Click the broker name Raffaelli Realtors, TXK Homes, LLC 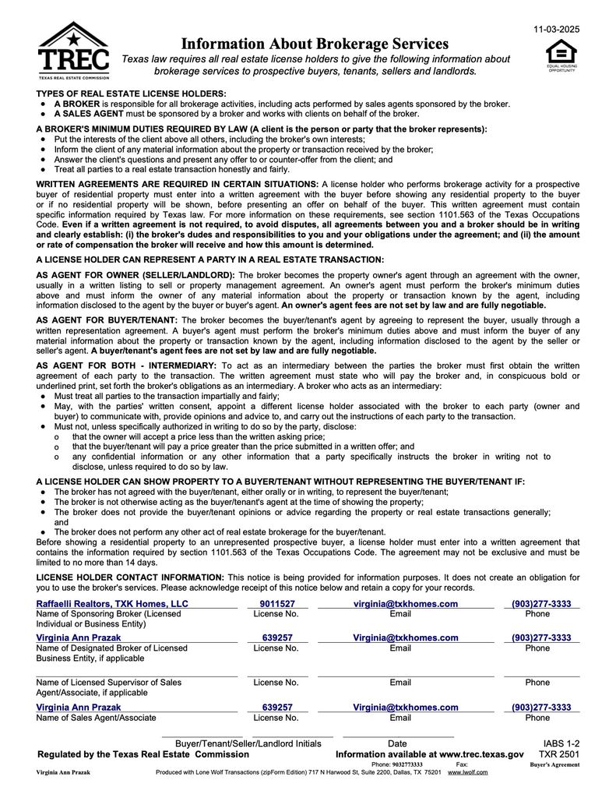(x=112, y=604)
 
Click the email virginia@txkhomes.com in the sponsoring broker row (x=400, y=604)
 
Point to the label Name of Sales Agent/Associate (x=96, y=718)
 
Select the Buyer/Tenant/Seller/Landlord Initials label (x=248, y=743)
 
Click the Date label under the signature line (x=397, y=743)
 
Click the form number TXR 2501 (x=559, y=755)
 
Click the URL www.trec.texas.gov (x=480, y=755)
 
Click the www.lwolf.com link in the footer (x=467, y=772)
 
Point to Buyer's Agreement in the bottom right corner (x=554, y=765)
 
